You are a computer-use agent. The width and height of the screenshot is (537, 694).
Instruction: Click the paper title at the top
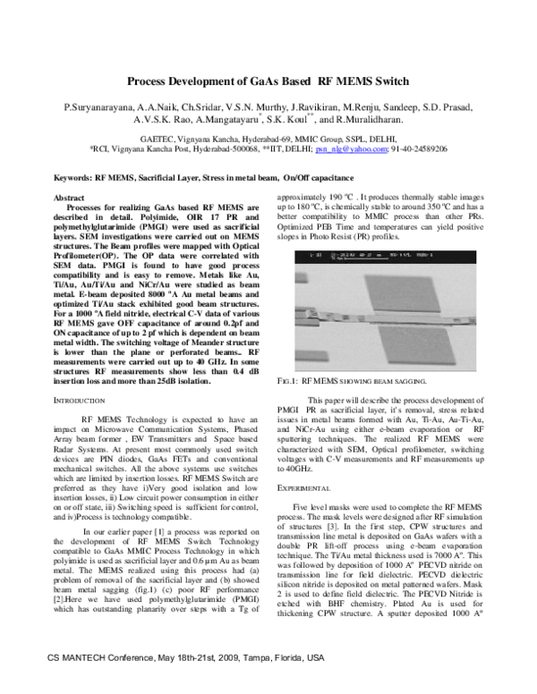coord(268,80)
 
